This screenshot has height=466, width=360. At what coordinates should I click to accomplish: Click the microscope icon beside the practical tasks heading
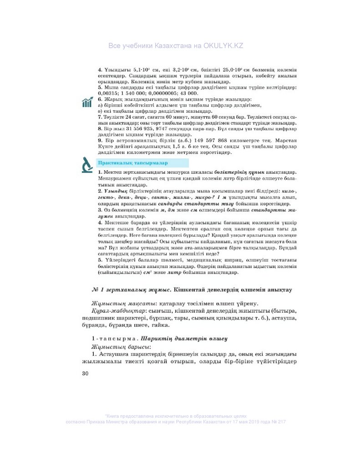(x=87, y=164)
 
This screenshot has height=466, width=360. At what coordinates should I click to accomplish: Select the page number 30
(x=85, y=374)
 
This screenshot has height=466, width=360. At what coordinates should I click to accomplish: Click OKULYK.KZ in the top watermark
(x=223, y=46)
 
